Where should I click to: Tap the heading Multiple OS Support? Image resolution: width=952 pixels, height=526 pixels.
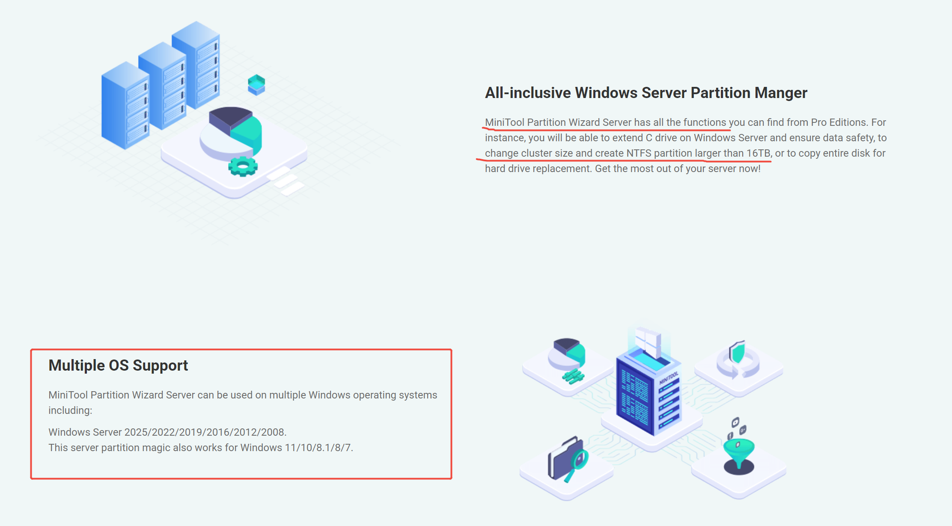coord(118,366)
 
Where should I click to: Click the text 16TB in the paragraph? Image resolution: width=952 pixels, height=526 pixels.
coord(758,153)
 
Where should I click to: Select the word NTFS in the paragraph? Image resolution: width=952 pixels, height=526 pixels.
coord(639,153)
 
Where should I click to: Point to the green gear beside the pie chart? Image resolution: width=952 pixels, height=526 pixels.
coord(243,166)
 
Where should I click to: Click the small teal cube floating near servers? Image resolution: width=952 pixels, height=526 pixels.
coord(256,84)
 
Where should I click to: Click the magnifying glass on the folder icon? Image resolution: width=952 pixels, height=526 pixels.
coord(578,462)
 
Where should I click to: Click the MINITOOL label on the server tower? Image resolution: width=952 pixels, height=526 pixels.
coord(669,378)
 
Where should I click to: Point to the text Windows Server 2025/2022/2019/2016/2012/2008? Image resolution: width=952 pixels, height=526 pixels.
coord(167,432)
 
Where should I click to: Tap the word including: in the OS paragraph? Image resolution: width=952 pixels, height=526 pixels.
coord(70,410)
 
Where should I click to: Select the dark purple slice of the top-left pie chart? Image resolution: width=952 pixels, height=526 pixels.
coord(229,116)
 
